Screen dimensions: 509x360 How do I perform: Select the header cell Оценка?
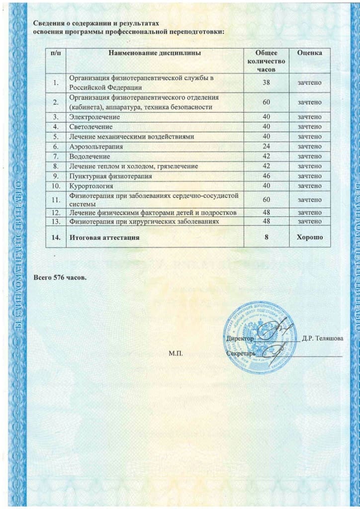(x=309, y=53)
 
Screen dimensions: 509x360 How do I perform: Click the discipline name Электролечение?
(x=94, y=117)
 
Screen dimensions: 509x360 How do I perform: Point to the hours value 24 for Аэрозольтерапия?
(x=267, y=147)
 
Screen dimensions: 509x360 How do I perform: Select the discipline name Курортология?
(x=91, y=186)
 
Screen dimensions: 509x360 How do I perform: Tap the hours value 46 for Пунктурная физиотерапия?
(x=267, y=176)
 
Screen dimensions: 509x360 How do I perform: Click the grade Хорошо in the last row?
(x=309, y=238)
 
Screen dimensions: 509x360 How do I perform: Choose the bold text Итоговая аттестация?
(x=104, y=238)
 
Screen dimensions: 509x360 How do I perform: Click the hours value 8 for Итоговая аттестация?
(x=267, y=238)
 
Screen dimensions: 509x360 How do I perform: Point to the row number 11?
(x=56, y=199)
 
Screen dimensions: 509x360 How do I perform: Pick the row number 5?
(x=56, y=137)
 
